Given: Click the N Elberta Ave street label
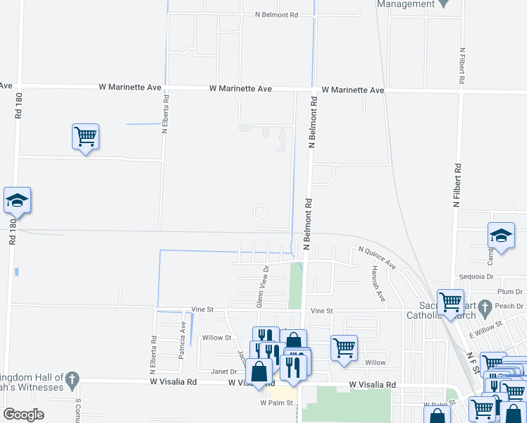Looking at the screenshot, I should click(x=164, y=116).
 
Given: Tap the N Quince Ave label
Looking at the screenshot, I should click(x=377, y=257).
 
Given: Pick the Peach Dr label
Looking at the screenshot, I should click(x=510, y=306).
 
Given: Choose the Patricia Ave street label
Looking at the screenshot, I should click(x=182, y=341).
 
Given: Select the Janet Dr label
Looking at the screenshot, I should click(x=221, y=371).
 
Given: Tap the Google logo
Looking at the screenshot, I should click(x=24, y=414).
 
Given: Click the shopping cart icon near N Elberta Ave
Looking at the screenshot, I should click(x=85, y=136).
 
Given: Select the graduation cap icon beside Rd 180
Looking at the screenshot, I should click(x=17, y=200).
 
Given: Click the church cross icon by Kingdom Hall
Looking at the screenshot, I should click(x=72, y=382).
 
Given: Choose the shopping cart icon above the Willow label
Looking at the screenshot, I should click(x=344, y=347).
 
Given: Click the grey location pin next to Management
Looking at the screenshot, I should click(x=444, y=4).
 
